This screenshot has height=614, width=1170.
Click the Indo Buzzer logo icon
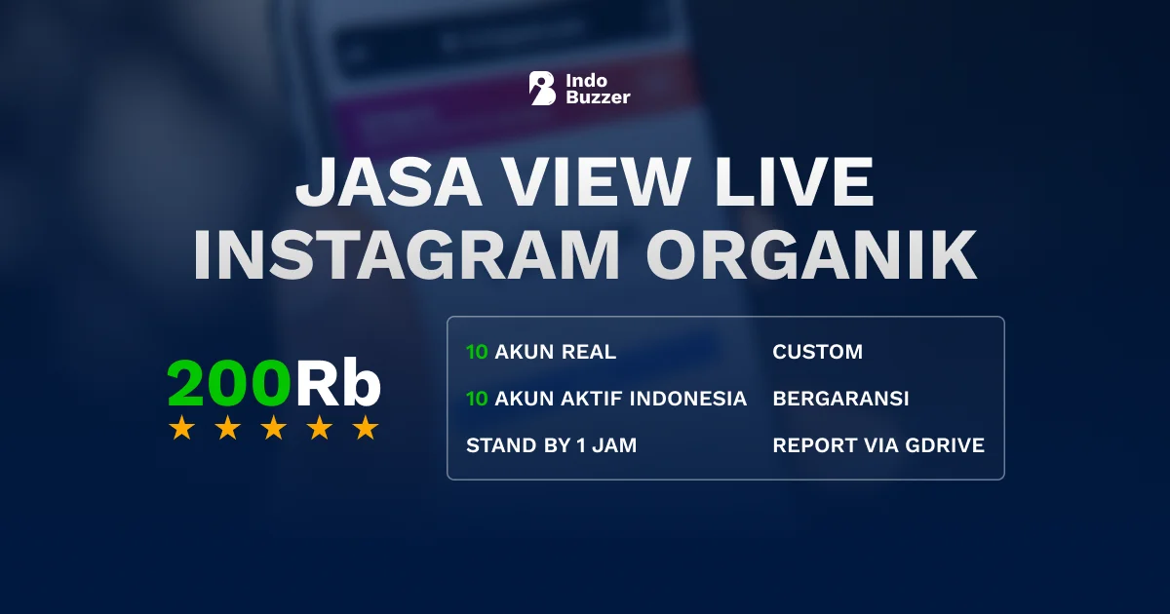click(542, 88)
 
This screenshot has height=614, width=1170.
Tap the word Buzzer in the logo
click(598, 97)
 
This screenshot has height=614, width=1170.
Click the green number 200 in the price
click(229, 385)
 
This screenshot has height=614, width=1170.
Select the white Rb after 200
click(337, 385)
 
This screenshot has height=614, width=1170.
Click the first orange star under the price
click(181, 428)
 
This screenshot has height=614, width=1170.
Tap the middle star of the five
click(274, 428)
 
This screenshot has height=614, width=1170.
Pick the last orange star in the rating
click(366, 428)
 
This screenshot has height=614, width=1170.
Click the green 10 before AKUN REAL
click(477, 352)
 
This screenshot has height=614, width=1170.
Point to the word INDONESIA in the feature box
click(688, 399)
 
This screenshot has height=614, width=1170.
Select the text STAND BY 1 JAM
click(551, 445)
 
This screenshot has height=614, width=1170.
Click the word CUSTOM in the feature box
click(817, 352)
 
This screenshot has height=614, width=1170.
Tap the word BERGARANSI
click(840, 399)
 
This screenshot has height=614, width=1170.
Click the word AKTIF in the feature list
click(592, 399)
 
